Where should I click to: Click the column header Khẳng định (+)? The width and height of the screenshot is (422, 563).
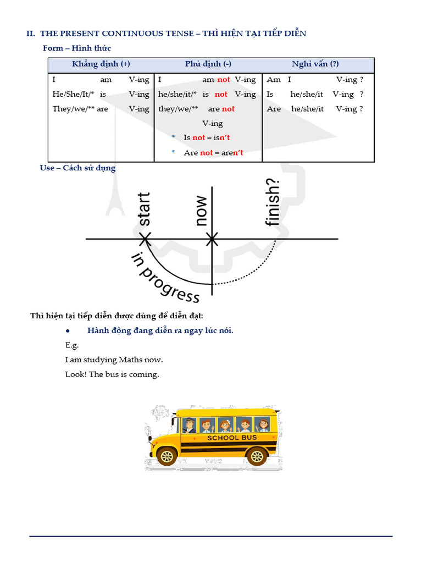(101, 64)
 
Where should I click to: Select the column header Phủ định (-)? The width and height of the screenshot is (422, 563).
(208, 64)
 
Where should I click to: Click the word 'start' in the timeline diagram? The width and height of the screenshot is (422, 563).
(143, 209)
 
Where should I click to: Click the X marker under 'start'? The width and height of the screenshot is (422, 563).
(145, 239)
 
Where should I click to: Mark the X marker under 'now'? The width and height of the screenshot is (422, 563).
(212, 239)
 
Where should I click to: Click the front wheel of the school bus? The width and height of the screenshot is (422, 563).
(166, 455)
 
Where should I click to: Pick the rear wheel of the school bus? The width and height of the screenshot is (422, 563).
(256, 455)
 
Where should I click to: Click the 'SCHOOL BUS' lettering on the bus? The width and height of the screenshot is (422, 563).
(232, 438)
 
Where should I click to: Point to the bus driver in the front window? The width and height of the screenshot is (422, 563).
(189, 425)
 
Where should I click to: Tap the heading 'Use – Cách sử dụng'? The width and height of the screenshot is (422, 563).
(77, 168)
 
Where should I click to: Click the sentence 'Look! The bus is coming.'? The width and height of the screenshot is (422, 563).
(112, 374)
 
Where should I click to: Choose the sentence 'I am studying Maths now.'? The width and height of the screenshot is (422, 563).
(114, 360)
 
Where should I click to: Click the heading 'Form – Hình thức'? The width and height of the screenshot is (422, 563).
(77, 48)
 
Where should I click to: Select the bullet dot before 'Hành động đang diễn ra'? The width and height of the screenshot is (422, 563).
(66, 330)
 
